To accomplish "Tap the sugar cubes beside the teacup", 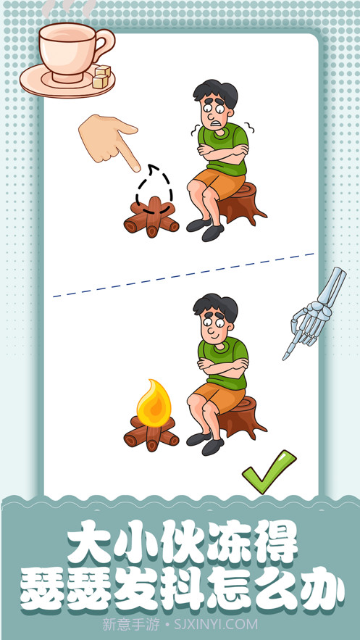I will pyautogui.click(x=101, y=78).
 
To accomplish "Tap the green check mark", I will pyautogui.click(x=267, y=470).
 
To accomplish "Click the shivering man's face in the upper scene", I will pyautogui.click(x=216, y=110).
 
